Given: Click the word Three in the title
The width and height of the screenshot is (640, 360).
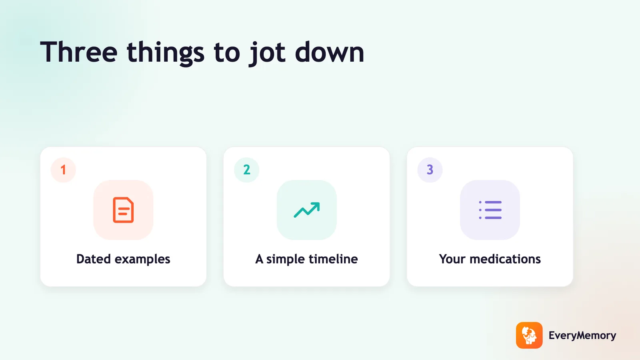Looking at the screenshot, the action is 79,52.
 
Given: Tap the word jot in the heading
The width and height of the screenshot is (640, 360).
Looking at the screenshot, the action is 267,53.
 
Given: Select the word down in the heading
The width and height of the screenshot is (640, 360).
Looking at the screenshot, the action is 330,52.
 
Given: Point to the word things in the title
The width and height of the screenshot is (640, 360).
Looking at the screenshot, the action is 166,53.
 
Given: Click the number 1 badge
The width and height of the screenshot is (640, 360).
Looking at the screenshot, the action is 63,170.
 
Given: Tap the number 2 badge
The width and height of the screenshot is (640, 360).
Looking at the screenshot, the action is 246,170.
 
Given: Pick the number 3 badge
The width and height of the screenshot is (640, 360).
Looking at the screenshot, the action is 430,170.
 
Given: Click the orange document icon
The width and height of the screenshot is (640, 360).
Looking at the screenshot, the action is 123,210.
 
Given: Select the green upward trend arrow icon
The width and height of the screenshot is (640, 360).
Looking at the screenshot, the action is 306,210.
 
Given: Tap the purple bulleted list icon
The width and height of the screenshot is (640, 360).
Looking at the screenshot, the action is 490,210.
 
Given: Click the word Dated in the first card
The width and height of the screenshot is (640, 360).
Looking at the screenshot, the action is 94,259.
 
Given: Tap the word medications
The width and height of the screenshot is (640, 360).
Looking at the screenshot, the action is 505,259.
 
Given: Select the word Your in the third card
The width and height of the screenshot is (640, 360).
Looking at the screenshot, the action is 452,259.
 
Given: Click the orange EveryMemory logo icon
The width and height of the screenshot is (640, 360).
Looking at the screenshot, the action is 529,335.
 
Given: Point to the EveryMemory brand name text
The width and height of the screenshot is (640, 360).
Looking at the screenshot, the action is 582,336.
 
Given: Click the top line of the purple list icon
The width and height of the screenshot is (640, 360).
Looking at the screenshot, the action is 493,202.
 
